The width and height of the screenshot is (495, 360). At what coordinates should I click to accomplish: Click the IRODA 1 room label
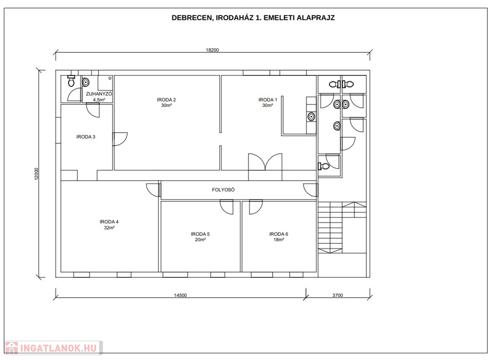pos(268,100)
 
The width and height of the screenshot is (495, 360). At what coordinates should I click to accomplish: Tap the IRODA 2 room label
pos(166,100)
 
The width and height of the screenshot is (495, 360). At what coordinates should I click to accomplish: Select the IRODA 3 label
pos(86,137)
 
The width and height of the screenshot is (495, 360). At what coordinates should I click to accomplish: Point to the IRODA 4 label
pos(109,222)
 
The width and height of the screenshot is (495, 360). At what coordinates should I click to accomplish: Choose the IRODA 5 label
pos(200,234)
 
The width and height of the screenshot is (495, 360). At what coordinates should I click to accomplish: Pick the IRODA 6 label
pos(279,234)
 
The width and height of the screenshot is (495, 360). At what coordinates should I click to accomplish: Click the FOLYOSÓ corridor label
pos(223,190)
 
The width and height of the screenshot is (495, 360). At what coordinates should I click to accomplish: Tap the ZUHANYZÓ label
pos(99,94)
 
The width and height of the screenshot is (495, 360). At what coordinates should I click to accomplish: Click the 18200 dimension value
pos(212,50)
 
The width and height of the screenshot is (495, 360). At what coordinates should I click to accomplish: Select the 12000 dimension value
pos(36,174)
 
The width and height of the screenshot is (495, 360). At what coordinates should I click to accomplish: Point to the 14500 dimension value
pos(180,295)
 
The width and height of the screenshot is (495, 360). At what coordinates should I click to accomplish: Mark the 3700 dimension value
pos(337,295)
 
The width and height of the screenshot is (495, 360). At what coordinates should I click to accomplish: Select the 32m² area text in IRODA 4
pos(109,228)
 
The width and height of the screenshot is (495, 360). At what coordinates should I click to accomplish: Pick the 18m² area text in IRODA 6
pos(279,240)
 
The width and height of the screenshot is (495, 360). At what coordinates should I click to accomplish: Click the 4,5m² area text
pos(99,100)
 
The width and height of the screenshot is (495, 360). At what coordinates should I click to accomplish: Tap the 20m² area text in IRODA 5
pos(200,240)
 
